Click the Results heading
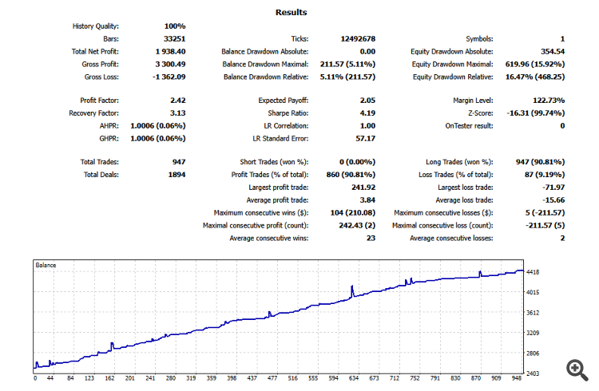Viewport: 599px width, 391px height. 291,13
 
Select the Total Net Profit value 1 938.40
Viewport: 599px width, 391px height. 169,51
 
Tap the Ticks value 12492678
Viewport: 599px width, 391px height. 359,38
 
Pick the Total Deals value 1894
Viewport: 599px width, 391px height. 176,175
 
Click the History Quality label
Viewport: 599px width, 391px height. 93,26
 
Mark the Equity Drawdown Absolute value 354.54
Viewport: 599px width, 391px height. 549,51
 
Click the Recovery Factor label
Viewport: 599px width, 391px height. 89,113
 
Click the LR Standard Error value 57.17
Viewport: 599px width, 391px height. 365,138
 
